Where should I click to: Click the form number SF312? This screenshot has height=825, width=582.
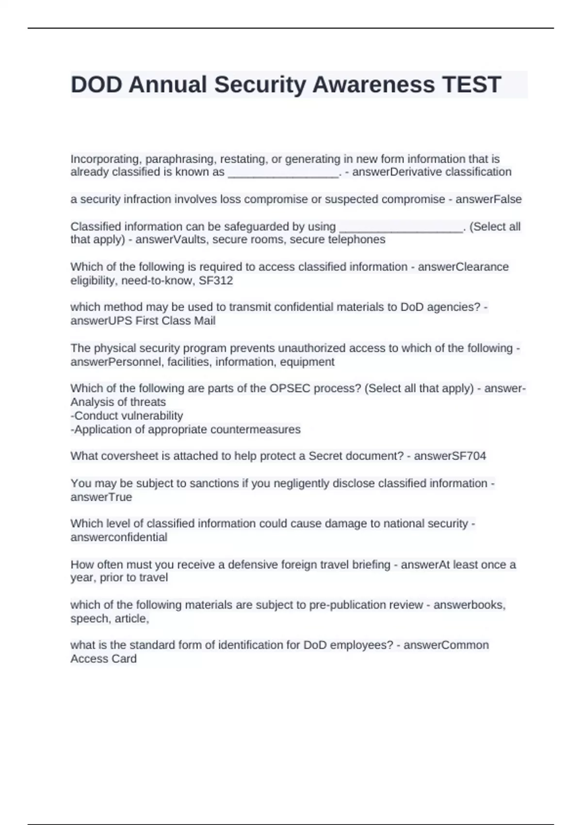(x=216, y=280)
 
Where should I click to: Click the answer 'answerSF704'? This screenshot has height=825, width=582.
(x=450, y=456)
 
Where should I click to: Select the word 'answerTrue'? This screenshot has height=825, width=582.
(x=101, y=497)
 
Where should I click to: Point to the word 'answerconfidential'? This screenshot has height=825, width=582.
(x=119, y=537)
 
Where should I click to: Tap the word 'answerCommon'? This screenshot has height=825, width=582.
(x=446, y=645)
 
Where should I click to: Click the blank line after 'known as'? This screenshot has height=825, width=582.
(x=283, y=173)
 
